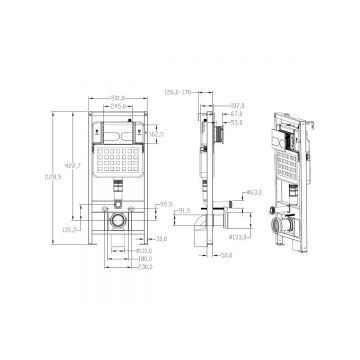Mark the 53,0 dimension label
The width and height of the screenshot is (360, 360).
pos(237,123)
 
